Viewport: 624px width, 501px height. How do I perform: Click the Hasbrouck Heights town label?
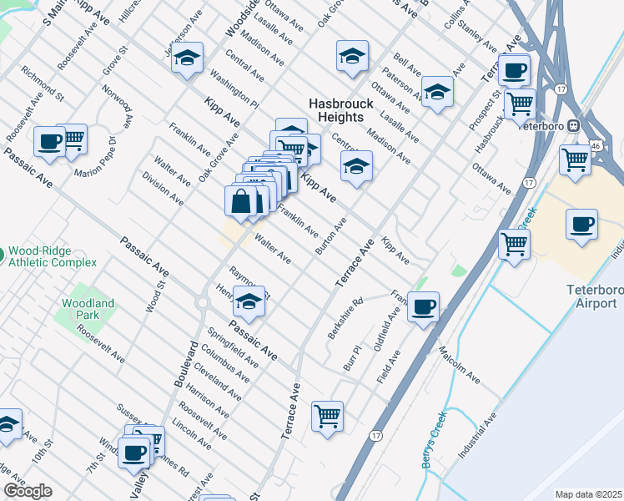pyautogui.click(x=336, y=109)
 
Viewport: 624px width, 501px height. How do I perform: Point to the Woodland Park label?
pyautogui.click(x=80, y=309)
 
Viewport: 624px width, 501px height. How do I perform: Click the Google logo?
pyautogui.click(x=28, y=491)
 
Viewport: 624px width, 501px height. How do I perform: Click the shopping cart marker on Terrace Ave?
pyautogui.click(x=327, y=416)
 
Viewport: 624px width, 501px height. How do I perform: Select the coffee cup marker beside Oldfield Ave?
pyautogui.click(x=424, y=308)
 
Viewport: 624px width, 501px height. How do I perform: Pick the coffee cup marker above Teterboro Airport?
pyautogui.click(x=581, y=224)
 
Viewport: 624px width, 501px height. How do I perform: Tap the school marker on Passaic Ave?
pyautogui.click(x=248, y=303)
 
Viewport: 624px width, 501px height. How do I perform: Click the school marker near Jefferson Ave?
pyautogui.click(x=189, y=58)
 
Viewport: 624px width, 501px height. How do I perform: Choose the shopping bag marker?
pyautogui.click(x=240, y=200)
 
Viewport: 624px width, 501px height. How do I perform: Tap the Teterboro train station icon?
pyautogui.click(x=574, y=125)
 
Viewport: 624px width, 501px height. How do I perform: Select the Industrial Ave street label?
pyautogui.click(x=476, y=434)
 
